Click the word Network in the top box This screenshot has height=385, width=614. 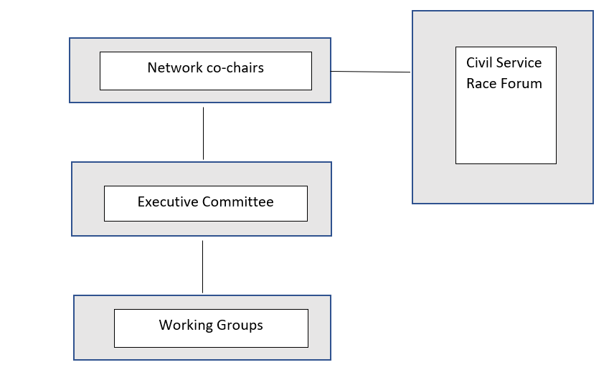(174, 69)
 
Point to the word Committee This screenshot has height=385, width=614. (238, 202)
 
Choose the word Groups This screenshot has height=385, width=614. (240, 325)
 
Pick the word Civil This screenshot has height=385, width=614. (479, 63)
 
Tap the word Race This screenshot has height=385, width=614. (481, 84)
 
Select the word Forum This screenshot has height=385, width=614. (521, 84)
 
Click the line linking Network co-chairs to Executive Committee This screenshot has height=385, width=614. (203, 133)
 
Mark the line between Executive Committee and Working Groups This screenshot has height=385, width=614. (202, 267)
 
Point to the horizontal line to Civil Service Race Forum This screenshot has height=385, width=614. (370, 72)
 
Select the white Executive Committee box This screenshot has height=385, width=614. (205, 214)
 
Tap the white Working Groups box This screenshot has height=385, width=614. (211, 338)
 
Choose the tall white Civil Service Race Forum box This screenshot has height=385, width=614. (506, 125)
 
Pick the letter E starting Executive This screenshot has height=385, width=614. (141, 202)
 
